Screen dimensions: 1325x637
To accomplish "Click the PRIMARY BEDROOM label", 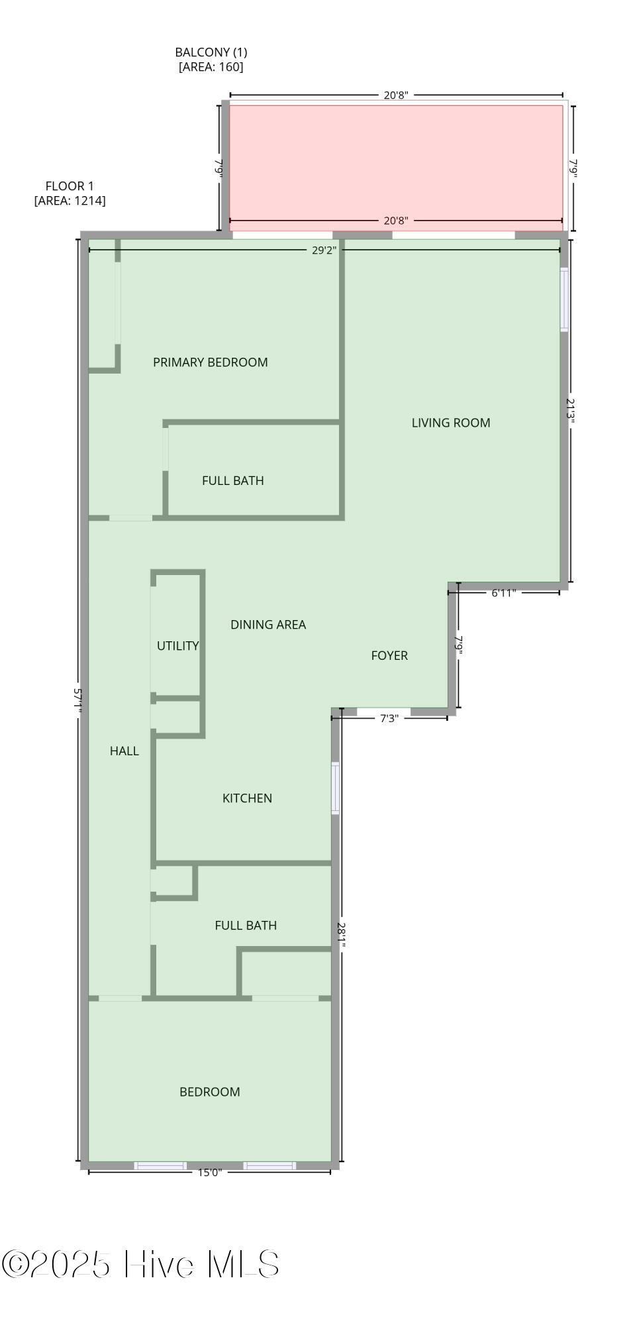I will coord(210,362).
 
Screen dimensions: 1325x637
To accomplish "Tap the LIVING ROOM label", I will coord(450,423).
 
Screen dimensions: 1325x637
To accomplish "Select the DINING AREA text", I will coord(268,624).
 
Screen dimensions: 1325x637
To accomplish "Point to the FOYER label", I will coord(389,655).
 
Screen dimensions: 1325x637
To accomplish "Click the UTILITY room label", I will coord(177,645).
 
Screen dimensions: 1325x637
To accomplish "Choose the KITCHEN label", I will coord(247,798).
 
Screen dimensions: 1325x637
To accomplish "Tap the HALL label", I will coord(124,751).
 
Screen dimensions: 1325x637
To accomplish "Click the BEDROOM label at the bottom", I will coord(209,1092).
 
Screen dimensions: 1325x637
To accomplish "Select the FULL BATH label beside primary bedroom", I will coord(232,480).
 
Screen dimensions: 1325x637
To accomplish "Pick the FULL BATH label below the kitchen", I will coord(245,925).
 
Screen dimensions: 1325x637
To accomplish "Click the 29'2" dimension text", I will coord(324,250).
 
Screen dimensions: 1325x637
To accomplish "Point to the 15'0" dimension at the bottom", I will coord(209,1172).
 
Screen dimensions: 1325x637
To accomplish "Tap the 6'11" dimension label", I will coord(503,593).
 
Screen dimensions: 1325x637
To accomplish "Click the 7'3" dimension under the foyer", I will coord(389,718).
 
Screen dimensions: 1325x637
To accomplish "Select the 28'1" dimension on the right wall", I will coord(341,935).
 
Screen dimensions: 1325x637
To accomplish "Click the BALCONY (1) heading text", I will coord(211,52).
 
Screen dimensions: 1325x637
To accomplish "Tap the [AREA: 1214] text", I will coord(70,200).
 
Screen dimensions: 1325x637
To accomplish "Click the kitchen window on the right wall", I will coord(335,788).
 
